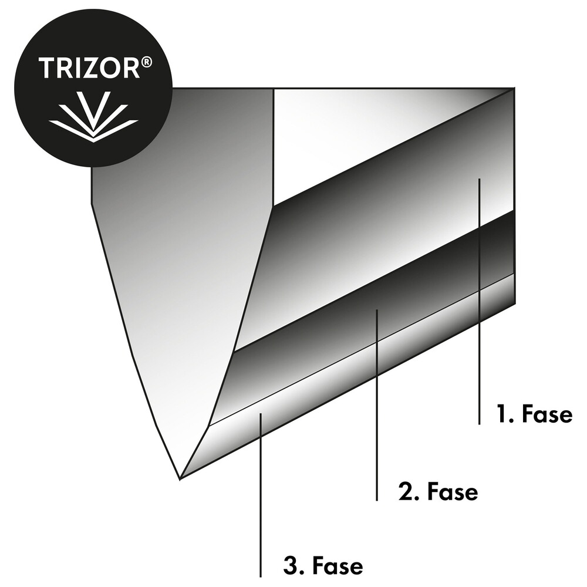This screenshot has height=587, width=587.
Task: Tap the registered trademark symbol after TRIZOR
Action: point(147,63)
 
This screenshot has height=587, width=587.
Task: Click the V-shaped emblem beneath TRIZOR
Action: point(93,116)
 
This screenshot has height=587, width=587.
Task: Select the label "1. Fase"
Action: point(534,414)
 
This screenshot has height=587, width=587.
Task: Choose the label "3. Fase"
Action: point(323,566)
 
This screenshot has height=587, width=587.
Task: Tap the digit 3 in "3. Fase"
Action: point(290,566)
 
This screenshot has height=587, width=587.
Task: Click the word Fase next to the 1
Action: point(546,414)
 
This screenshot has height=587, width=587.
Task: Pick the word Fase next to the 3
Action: point(338,566)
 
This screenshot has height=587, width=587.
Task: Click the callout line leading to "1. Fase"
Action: point(479,302)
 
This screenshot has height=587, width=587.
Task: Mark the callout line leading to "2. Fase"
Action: point(377,405)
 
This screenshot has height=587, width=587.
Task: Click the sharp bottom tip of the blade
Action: point(180,478)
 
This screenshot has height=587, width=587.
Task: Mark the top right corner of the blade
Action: point(514,89)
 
